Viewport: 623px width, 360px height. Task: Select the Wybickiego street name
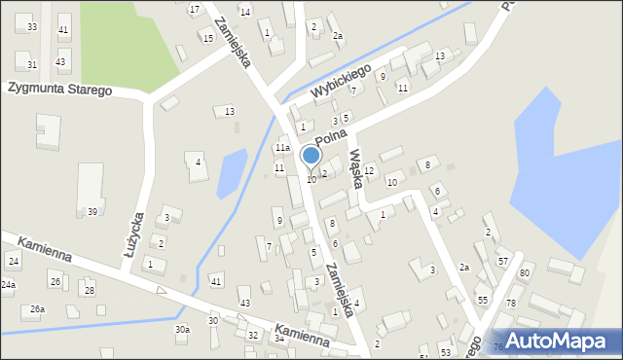pos(343,83)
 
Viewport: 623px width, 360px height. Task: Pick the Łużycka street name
pos(134,234)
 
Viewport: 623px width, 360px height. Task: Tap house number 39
pos(92,212)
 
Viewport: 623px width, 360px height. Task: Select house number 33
pos(32,27)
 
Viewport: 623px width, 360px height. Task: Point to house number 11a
pos(281,148)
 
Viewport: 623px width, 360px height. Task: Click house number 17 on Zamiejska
pos(195,10)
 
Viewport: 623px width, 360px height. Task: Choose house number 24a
pos(8,285)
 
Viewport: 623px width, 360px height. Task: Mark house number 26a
pos(37,309)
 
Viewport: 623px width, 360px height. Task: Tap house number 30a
pos(182,330)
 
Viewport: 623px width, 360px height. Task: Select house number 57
pos(503,262)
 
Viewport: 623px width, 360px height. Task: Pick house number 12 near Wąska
pos(369,171)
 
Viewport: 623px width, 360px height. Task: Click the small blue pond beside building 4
pos(231,173)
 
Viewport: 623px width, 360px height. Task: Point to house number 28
pos(89,291)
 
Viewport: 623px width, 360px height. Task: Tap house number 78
pos(510,305)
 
